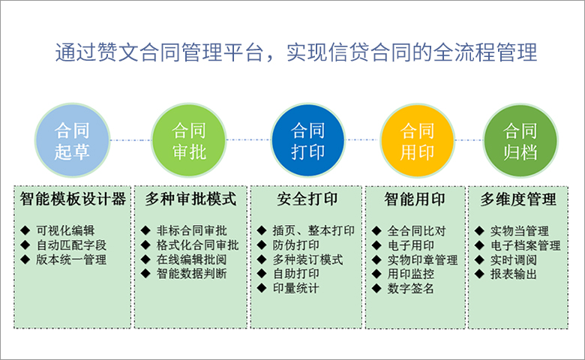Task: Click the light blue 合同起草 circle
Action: pos(73,141)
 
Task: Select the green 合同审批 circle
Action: pos(189,141)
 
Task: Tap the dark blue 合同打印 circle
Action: pos(307,141)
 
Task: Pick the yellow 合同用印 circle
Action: pos(418,141)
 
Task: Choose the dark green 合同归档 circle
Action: pos(520,141)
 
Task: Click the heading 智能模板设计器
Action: pos(73,199)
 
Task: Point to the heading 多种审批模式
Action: pos(190,199)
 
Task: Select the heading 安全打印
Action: pos(307,199)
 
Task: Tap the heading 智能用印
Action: pos(415,199)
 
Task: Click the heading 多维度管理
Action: pos(518,199)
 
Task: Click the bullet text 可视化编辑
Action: pos(65,230)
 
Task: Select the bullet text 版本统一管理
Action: pos(71,259)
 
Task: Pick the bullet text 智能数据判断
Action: pos(192,274)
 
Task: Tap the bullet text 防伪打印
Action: pos(295,245)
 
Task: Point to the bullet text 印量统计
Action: pos(295,288)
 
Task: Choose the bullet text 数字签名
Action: pos(410,288)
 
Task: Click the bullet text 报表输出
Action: pos(513,274)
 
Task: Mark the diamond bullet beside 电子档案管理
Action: pos(479,245)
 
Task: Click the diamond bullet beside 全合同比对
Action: pos(376,231)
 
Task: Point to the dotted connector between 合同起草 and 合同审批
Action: pos(130,140)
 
